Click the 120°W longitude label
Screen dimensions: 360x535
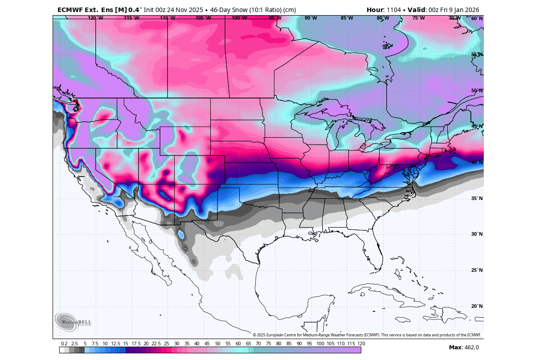coord(95,18)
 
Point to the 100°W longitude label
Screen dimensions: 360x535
coord(239,18)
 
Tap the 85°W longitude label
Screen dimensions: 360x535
coord(347,18)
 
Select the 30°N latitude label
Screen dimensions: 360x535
coord(477,234)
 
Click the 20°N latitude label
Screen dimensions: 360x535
coord(477,306)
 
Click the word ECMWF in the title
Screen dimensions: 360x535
coord(71,10)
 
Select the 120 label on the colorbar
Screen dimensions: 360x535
coord(361,344)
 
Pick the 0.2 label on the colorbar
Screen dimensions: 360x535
coord(64,344)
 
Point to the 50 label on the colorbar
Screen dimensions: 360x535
coord(217,344)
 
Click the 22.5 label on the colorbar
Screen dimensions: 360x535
coord(156,344)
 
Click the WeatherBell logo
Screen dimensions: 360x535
coord(73,321)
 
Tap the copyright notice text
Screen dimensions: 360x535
coord(367,335)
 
